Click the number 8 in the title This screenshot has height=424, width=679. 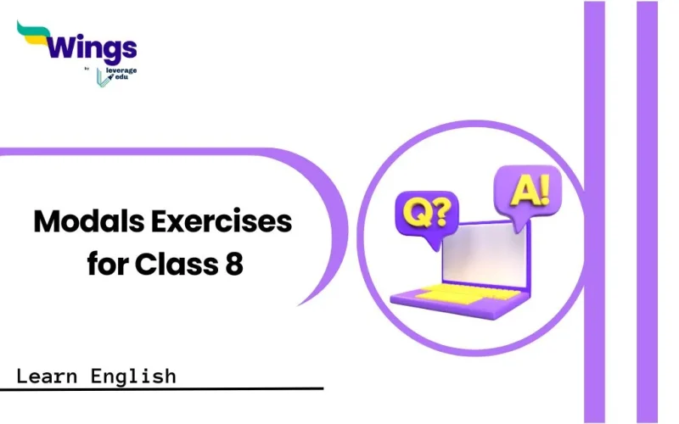click(234, 264)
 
